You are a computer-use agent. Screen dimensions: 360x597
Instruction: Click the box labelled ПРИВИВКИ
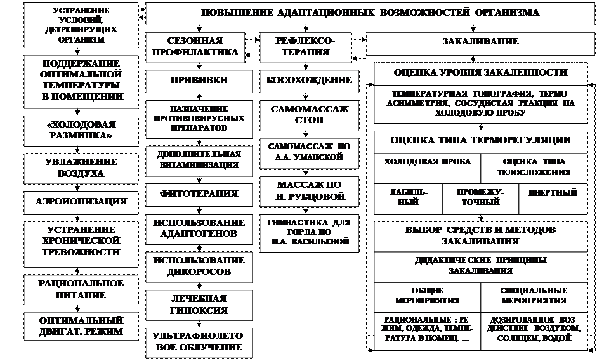point(199,81)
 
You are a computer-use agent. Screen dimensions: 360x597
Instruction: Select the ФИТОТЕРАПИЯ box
point(199,194)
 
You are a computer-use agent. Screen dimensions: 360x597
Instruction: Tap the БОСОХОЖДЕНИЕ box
point(305,81)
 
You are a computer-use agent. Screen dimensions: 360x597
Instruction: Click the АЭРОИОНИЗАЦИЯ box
point(81,201)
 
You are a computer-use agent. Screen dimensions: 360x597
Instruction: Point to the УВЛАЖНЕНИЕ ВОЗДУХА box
point(81,168)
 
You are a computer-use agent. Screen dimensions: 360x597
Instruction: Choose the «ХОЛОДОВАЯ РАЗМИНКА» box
point(81,131)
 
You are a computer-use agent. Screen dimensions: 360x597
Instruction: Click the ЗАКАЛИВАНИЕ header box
point(480,42)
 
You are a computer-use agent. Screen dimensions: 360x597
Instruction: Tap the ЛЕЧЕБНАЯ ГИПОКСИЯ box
point(199,305)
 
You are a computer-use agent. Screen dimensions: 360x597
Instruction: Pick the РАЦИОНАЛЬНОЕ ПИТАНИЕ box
point(81,289)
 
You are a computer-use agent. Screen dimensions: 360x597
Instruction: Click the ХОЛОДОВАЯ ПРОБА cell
point(427,163)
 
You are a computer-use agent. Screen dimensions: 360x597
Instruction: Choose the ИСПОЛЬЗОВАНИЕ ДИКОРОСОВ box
point(199,267)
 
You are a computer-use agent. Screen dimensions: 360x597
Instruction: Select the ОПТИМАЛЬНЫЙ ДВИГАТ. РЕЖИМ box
point(81,326)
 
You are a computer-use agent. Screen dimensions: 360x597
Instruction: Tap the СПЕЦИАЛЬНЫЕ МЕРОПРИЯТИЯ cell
point(534,295)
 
